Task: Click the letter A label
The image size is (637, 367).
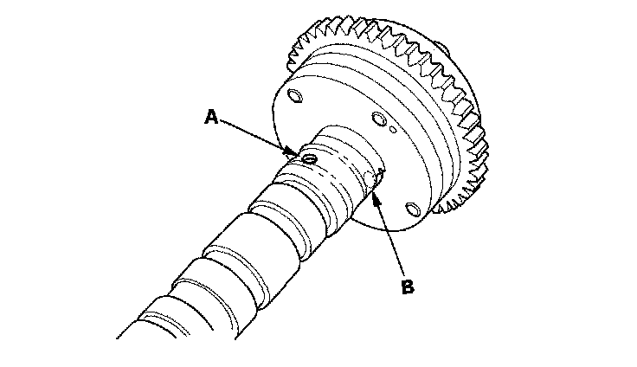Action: pyautogui.click(x=210, y=117)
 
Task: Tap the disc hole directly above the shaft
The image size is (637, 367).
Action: pyautogui.click(x=377, y=119)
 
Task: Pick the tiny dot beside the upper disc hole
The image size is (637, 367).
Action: pyautogui.click(x=394, y=129)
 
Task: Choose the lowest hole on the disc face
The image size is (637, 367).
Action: pyautogui.click(x=412, y=209)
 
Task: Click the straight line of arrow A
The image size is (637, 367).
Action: pyautogui.click(x=260, y=136)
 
